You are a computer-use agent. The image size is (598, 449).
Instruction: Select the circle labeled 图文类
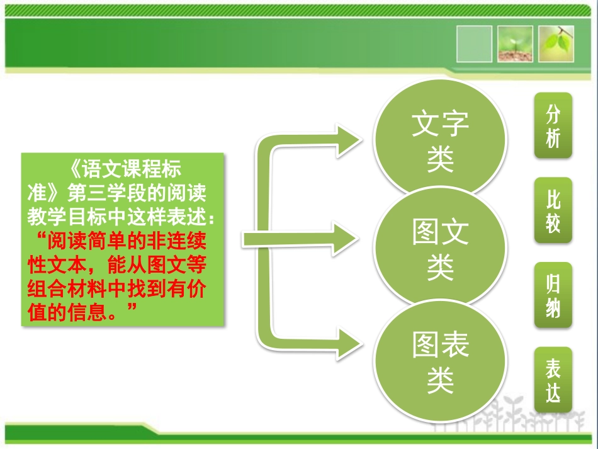pyautogui.click(x=440, y=249)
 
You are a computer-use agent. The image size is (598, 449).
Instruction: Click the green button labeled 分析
pyautogui.click(x=553, y=125)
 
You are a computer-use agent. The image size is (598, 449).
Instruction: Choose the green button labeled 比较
pyautogui.click(x=553, y=210)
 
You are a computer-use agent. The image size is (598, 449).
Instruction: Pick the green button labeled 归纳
pyautogui.click(x=553, y=295)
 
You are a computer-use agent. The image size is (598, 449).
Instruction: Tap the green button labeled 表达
pyautogui.click(x=553, y=380)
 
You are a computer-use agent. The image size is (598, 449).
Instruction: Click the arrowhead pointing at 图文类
pyautogui.click(x=346, y=238)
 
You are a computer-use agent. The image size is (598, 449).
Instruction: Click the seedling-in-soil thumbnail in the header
pyautogui.click(x=516, y=43)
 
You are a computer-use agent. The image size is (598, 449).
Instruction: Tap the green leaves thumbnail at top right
pyautogui.click(x=556, y=43)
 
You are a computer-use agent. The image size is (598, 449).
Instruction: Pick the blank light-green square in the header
pyautogui.click(x=474, y=43)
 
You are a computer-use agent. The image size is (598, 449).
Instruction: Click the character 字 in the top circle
pyautogui.click(x=454, y=124)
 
